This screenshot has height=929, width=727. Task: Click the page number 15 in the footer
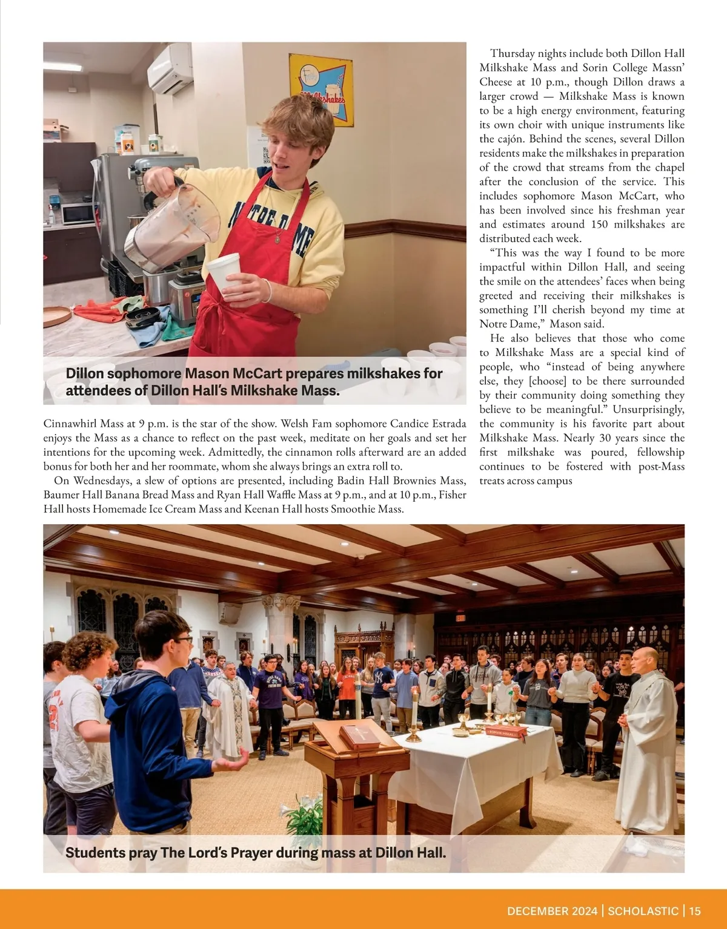point(694,911)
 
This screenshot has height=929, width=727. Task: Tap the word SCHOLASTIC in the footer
point(643,911)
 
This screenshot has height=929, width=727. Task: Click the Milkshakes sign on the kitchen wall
point(320,90)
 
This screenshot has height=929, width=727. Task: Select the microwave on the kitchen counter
point(77,213)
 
